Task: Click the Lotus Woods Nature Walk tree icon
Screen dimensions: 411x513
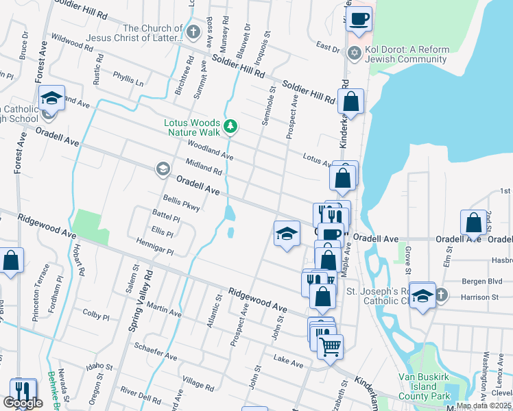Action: [x=232, y=125]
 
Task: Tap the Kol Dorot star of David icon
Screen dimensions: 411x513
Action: [x=355, y=53]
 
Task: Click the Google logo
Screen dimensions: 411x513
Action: [x=23, y=403]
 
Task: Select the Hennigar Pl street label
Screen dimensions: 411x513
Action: [x=154, y=247]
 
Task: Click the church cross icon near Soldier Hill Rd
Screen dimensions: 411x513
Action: [x=193, y=32]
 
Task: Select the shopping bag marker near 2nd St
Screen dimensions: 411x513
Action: [x=473, y=223]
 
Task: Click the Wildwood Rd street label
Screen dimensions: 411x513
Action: [x=71, y=42]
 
